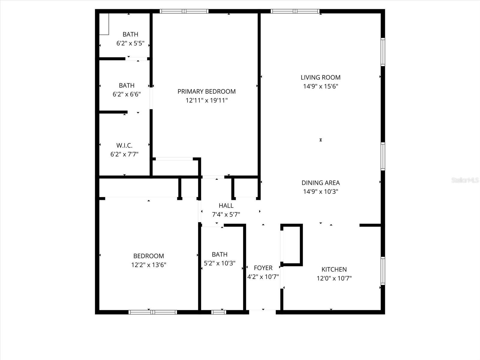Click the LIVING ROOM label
pyautogui.click(x=320, y=77)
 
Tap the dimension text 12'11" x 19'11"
pyautogui.click(x=206, y=100)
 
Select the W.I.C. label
pyautogui.click(x=124, y=145)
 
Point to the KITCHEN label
pyautogui.click(x=334, y=269)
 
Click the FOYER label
pyautogui.click(x=263, y=268)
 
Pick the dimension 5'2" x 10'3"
pyautogui.click(x=220, y=263)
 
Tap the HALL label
pyautogui.click(x=226, y=206)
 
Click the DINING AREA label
pyautogui.click(x=320, y=183)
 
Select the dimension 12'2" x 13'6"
pyautogui.click(x=148, y=265)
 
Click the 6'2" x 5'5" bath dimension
pyautogui.click(x=130, y=43)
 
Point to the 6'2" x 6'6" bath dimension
pyautogui.click(x=127, y=94)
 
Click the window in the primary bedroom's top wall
pyautogui.click(x=184, y=11)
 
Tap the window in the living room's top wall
pyautogui.click(x=295, y=11)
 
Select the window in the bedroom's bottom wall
pyautogui.click(x=153, y=312)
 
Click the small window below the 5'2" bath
pyautogui.click(x=219, y=312)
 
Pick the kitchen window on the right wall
pyautogui.click(x=383, y=271)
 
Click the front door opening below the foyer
pyautogui.click(x=262, y=312)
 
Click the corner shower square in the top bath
pyautogui.click(x=104, y=24)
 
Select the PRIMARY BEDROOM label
pyautogui.click(x=206, y=91)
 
